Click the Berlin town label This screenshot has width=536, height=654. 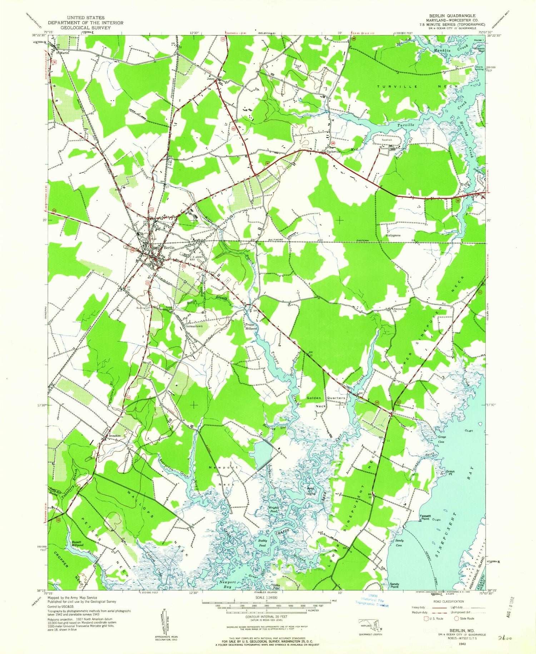[169, 248]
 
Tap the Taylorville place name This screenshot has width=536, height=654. [332, 151]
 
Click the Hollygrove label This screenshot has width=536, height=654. [393, 236]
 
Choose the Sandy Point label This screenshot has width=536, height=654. [394, 585]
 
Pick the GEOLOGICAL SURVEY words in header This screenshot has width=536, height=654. [83, 27]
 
